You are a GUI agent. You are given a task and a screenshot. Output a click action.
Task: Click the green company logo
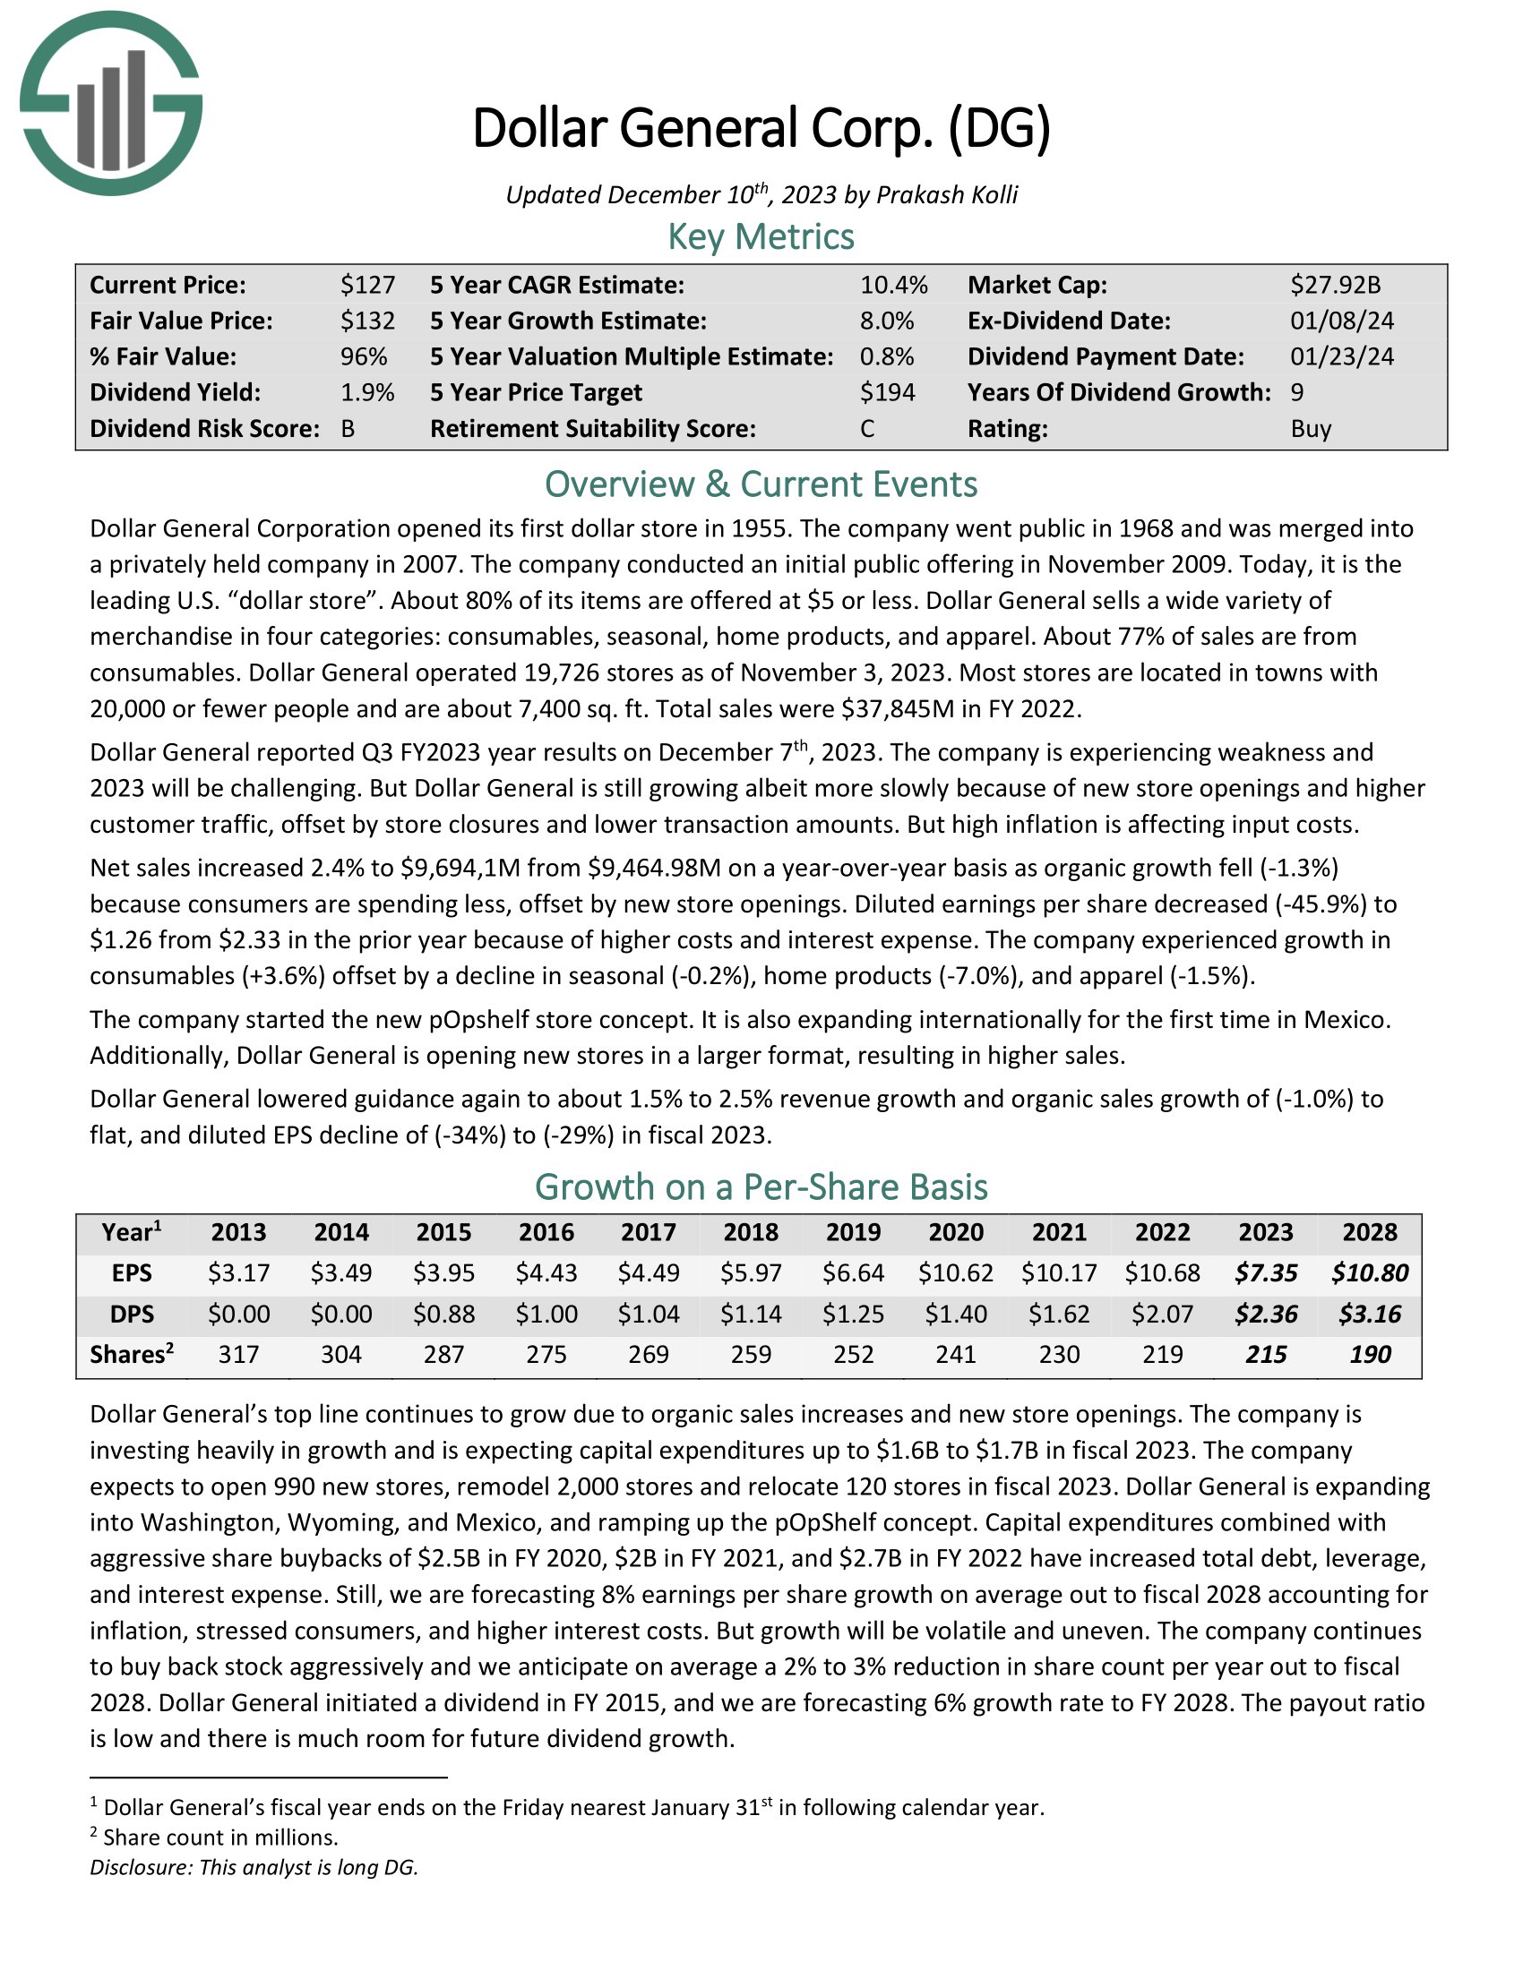[110, 104]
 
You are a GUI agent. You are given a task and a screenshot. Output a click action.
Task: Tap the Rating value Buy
[1310, 428]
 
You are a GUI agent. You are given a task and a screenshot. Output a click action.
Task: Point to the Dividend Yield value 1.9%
[367, 392]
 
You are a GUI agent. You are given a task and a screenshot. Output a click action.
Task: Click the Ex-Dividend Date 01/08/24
[1341, 321]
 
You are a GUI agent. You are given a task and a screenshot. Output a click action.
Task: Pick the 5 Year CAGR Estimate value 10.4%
[893, 285]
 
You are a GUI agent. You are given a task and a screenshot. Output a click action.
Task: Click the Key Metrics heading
[761, 236]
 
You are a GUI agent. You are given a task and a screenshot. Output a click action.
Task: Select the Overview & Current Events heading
[761, 484]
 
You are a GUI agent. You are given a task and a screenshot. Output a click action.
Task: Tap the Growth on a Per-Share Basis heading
[761, 1186]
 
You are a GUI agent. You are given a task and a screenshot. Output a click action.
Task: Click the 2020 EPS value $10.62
[956, 1272]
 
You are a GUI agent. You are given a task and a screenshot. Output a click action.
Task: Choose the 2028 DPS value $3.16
[1370, 1314]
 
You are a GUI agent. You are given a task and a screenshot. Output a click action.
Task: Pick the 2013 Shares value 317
[238, 1354]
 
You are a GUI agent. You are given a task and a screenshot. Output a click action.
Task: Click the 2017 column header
[649, 1232]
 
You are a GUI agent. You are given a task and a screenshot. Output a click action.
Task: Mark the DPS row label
[132, 1314]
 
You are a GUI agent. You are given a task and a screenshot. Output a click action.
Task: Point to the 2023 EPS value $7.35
[1266, 1272]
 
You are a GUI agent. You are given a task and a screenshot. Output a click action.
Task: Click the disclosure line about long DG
[254, 1867]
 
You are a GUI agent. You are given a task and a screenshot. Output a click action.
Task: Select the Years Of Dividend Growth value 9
[1296, 392]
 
